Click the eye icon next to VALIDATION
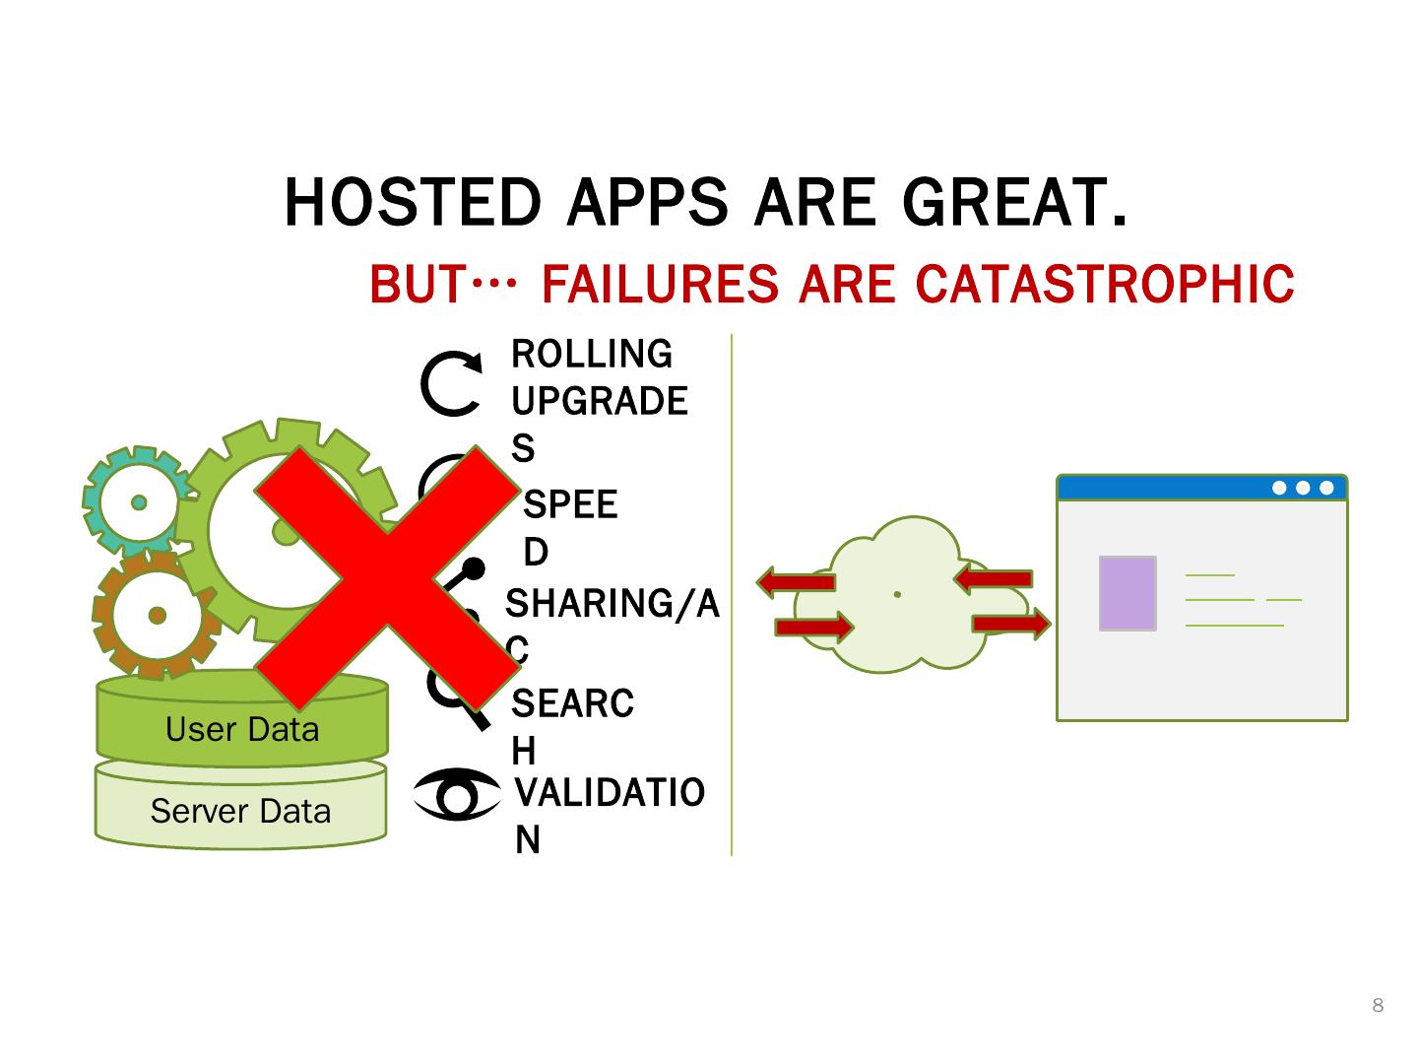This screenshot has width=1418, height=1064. click(456, 794)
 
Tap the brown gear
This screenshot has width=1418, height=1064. click(155, 616)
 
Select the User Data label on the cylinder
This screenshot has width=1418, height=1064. click(242, 730)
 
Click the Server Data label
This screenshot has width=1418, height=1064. click(240, 812)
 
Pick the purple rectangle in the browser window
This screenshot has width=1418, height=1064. click(1128, 593)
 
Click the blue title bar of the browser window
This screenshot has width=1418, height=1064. click(1162, 488)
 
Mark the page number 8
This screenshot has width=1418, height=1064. click(1378, 1005)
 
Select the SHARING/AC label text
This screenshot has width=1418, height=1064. click(612, 604)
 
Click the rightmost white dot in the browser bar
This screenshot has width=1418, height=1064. click(1326, 488)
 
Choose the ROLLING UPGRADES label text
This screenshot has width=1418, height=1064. click(598, 378)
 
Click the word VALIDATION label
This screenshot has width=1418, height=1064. click(610, 793)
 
